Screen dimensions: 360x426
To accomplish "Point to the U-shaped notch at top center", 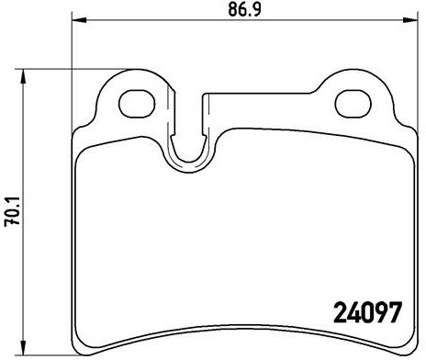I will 190,147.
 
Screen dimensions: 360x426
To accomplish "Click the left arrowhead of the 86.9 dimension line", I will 77,19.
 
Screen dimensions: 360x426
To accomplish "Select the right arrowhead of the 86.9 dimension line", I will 413,19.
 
